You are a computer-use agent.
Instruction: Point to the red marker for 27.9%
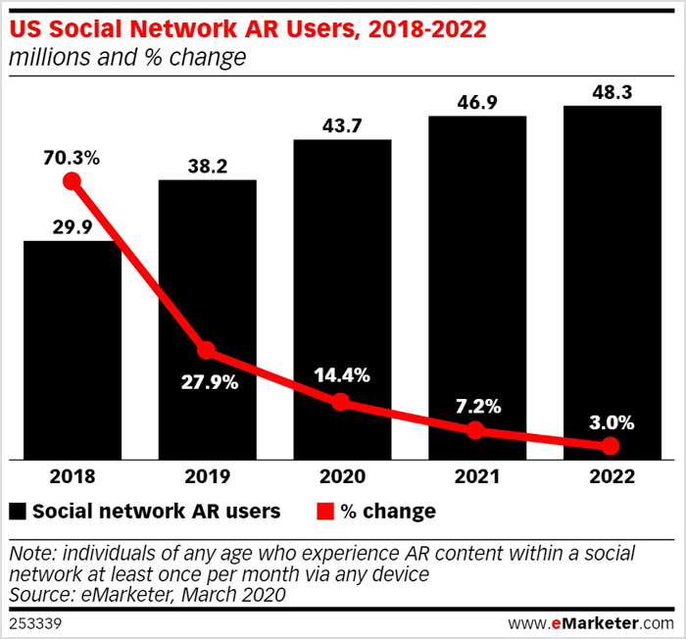(x=206, y=350)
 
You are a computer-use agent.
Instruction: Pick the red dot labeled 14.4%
(x=341, y=402)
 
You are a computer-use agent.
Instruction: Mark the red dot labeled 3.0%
(x=611, y=446)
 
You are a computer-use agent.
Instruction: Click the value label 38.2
(x=207, y=167)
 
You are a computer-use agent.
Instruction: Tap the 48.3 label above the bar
(x=612, y=91)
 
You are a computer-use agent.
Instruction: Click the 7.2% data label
(x=476, y=405)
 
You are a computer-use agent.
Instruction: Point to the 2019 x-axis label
(x=207, y=476)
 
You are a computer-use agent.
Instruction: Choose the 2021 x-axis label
(x=476, y=476)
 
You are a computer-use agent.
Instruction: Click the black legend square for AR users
(x=18, y=512)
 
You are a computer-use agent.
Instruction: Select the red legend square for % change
(x=319, y=512)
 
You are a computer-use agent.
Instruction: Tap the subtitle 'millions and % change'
(x=126, y=58)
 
